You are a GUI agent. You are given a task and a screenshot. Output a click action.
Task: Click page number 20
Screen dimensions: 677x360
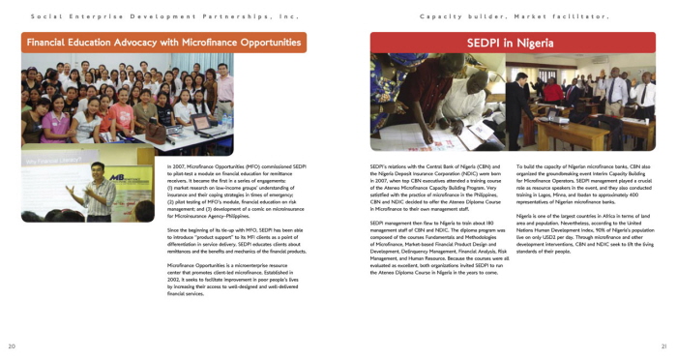pyautogui.click(x=12, y=345)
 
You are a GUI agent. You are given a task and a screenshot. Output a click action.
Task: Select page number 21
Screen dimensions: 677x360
pyautogui.click(x=664, y=345)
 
